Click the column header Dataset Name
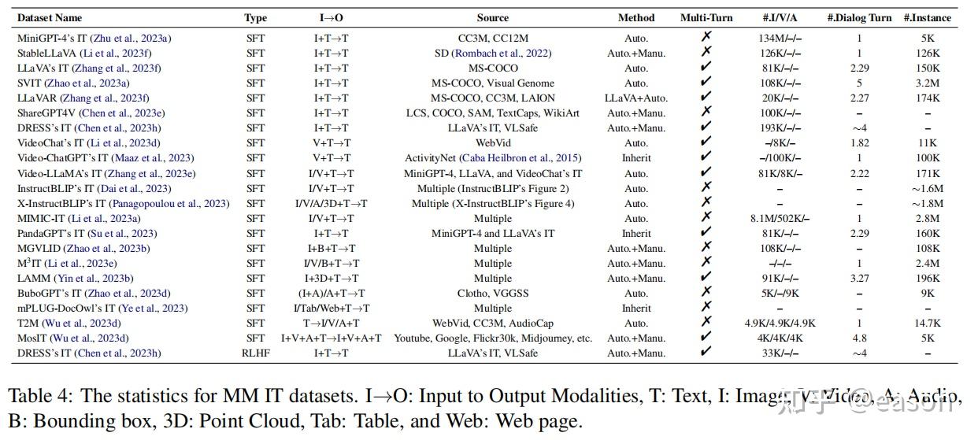pyautogui.click(x=49, y=17)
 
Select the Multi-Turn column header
pyautogui.click(x=706, y=17)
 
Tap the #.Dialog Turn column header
pyautogui.click(x=858, y=17)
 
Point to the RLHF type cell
pyautogui.click(x=255, y=353)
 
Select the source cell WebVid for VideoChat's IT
pyautogui.click(x=492, y=143)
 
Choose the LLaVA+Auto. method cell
pyautogui.click(x=635, y=98)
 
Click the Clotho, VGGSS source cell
pyautogui.click(x=492, y=293)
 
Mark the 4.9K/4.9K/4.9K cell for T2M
pyautogui.click(x=780, y=323)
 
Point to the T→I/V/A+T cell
pyautogui.click(x=331, y=323)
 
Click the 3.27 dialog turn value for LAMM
pyautogui.click(x=859, y=278)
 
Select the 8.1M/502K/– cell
pyautogui.click(x=779, y=218)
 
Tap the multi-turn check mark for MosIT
pyautogui.click(x=706, y=338)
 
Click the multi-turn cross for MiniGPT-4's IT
pyautogui.click(x=706, y=37)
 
